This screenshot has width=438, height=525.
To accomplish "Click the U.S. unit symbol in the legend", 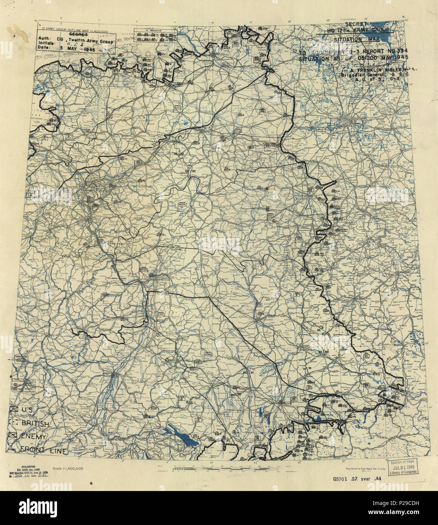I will point(15,409).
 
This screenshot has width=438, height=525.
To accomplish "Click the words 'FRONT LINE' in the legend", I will point(44,450).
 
